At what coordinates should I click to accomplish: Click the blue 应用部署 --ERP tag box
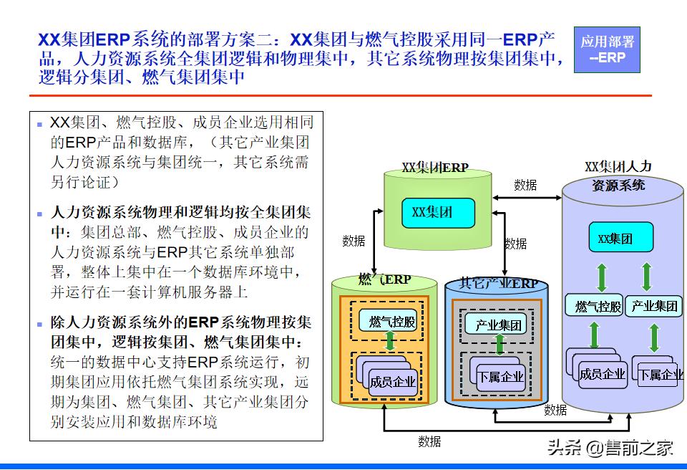(607, 50)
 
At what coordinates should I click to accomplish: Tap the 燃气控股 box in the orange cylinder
(391, 322)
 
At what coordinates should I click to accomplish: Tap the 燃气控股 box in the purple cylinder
(598, 306)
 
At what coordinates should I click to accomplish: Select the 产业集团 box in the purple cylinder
(654, 306)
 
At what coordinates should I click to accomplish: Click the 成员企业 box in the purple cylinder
(601, 373)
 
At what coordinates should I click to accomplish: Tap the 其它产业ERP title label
(499, 284)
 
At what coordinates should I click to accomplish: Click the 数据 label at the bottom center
(429, 441)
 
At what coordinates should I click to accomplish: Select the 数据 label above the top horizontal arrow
(525, 185)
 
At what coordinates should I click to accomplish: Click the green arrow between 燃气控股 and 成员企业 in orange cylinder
(390, 341)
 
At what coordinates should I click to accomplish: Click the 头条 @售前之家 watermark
(610, 449)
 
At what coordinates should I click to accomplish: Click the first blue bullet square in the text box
(40, 124)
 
